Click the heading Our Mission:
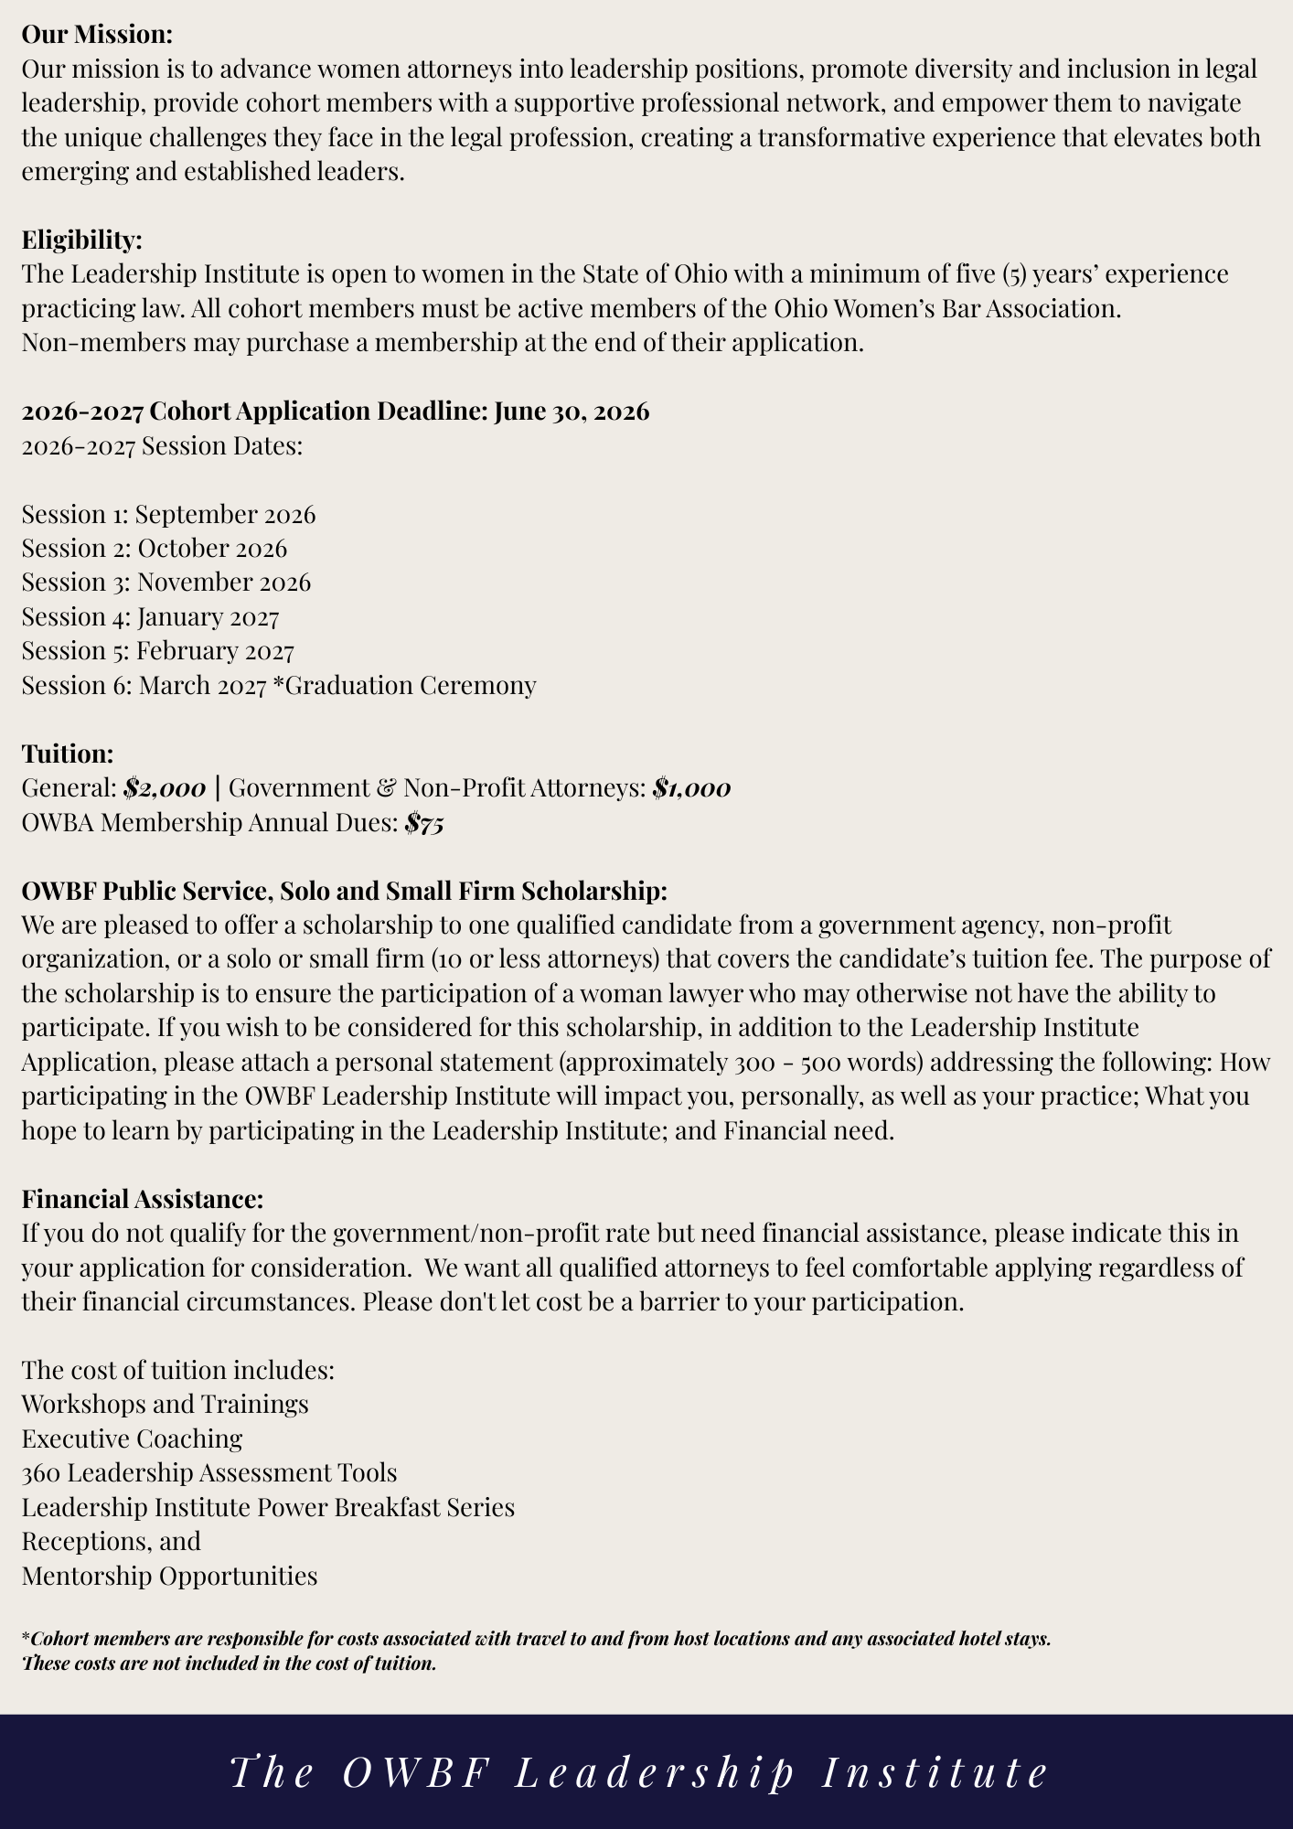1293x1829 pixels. click(x=97, y=35)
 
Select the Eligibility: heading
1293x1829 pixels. click(x=81, y=240)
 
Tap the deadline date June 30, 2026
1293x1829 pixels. click(x=572, y=412)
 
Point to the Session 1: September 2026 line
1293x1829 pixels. click(x=168, y=514)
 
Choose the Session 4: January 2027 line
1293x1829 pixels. click(x=150, y=617)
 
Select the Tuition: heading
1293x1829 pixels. click(x=67, y=754)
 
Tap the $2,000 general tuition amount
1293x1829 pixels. click(x=165, y=788)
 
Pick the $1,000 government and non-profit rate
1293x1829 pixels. click(x=691, y=788)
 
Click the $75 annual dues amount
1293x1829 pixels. click(x=424, y=823)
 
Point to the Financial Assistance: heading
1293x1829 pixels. click(x=142, y=1198)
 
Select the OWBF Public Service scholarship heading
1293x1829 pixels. click(x=344, y=891)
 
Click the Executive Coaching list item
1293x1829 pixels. click(x=132, y=1439)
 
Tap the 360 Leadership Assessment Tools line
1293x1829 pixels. click(x=208, y=1472)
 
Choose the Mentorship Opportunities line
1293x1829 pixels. click(x=169, y=1576)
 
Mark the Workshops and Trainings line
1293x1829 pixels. click(x=165, y=1404)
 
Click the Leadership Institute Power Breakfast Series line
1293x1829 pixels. click(x=267, y=1507)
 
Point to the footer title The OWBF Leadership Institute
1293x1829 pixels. click(x=640, y=1772)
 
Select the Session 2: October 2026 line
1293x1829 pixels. click(x=154, y=549)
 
